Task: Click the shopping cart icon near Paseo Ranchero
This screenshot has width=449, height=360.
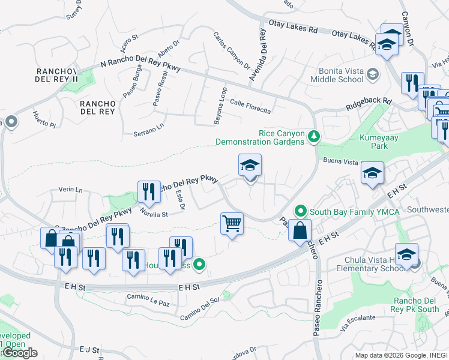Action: (x=232, y=224)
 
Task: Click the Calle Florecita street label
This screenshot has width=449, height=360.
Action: (x=250, y=107)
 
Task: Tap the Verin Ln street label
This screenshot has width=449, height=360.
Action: (x=70, y=190)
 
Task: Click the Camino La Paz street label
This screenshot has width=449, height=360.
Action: (x=146, y=298)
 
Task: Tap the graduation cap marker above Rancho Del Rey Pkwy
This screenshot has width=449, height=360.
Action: (x=250, y=165)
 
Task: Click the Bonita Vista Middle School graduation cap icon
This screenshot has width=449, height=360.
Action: (x=373, y=74)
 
